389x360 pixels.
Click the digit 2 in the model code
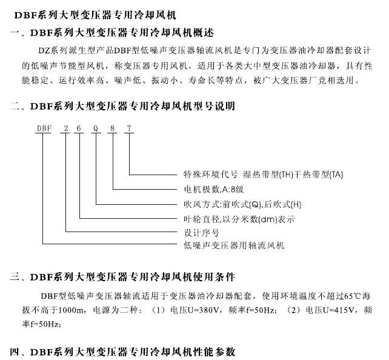point(65,128)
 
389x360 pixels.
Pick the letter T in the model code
point(128,128)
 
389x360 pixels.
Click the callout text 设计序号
point(201,233)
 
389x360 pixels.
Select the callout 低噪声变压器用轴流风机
point(234,246)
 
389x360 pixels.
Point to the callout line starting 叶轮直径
point(239,219)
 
